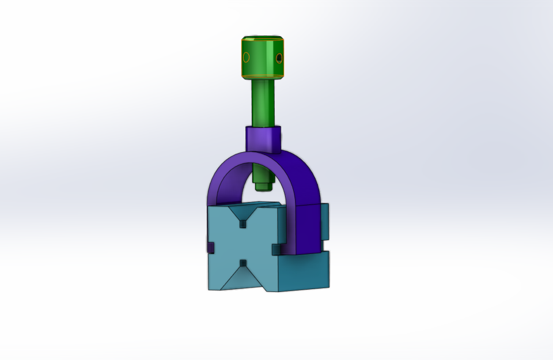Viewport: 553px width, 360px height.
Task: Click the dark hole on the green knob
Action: pyautogui.click(x=279, y=58)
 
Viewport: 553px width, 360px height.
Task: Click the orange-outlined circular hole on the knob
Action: pyautogui.click(x=246, y=57)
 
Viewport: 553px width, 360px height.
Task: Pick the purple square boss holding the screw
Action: pyautogui.click(x=263, y=139)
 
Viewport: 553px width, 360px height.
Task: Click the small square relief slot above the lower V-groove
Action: pyautogui.click(x=244, y=263)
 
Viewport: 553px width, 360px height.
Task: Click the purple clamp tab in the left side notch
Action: pyautogui.click(x=210, y=248)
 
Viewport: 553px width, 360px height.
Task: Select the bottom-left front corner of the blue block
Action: pyautogui.click(x=209, y=288)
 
